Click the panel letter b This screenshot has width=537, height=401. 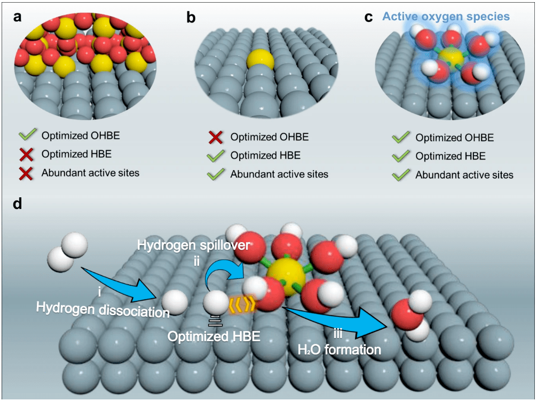[x=191, y=17]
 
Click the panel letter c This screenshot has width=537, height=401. [x=368, y=17]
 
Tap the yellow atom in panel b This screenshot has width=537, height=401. [x=260, y=61]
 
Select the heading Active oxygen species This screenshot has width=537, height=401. [x=445, y=17]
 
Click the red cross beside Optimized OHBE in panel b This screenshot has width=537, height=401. [x=216, y=138]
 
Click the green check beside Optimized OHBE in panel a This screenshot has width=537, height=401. [x=26, y=135]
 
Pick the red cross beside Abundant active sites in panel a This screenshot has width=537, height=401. [x=26, y=172]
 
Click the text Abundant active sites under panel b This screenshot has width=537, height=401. [x=279, y=174]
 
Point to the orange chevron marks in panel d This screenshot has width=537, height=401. [x=241, y=304]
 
